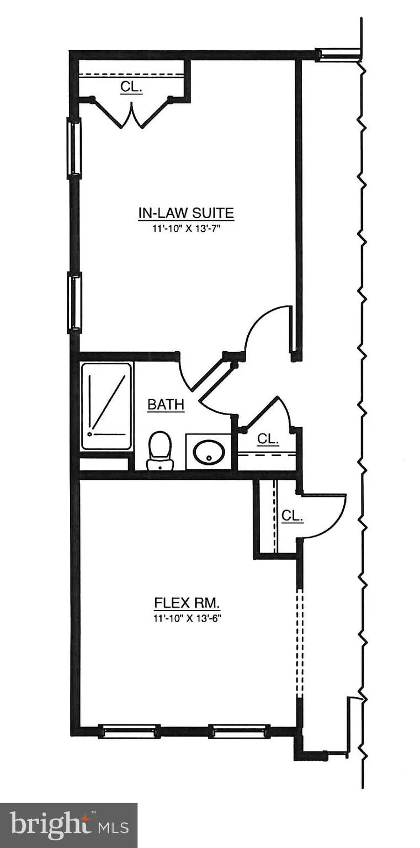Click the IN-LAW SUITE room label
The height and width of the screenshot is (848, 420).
[x=186, y=213]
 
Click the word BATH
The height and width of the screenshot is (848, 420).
[x=166, y=405]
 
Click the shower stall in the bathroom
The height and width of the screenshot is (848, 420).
[x=107, y=406]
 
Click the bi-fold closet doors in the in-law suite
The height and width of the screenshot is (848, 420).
[x=131, y=115]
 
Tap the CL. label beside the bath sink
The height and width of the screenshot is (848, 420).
[x=268, y=439]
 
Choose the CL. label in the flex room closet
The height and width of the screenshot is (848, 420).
[x=292, y=516]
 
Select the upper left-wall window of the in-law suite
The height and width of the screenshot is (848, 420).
[x=74, y=148]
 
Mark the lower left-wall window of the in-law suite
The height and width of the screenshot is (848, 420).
[x=74, y=303]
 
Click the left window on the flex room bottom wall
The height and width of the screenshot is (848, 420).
[x=129, y=732]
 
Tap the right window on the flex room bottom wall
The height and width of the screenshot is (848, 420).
[x=237, y=732]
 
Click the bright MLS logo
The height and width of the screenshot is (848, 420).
[x=68, y=825]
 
